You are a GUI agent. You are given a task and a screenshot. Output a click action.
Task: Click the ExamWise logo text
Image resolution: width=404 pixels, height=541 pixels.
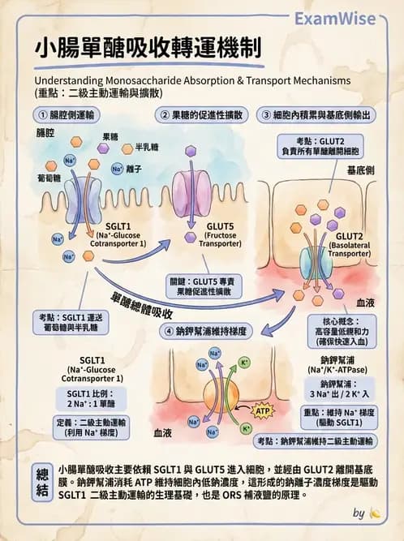pyautogui.click(x=346, y=18)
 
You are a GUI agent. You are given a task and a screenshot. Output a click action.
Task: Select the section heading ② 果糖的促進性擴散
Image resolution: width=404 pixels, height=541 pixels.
pyautogui.click(x=202, y=115)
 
